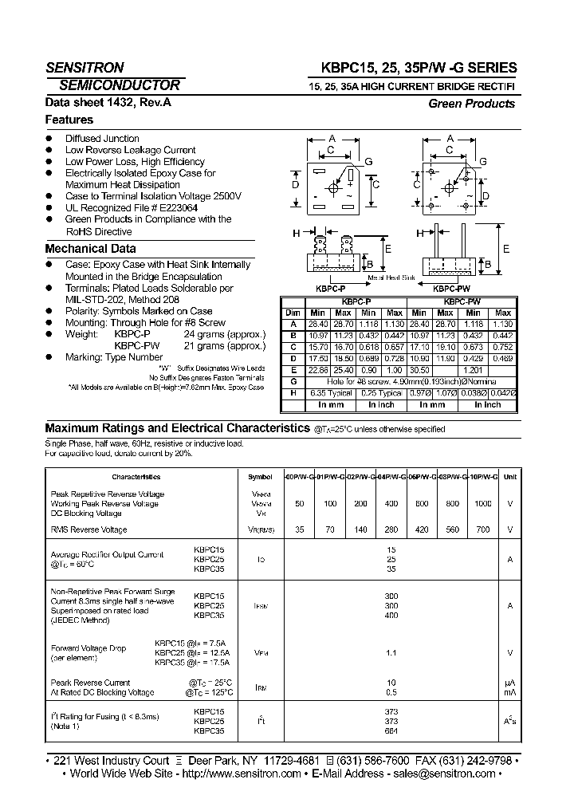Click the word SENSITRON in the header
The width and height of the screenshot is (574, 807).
[85, 68]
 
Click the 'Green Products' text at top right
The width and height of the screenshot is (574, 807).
[471, 104]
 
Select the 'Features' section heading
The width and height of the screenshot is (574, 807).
[69, 120]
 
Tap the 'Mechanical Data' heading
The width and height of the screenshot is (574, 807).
[90, 248]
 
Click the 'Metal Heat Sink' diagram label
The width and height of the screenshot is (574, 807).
[391, 278]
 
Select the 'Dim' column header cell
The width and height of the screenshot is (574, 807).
[293, 313]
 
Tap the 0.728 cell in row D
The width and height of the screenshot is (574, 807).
[394, 360]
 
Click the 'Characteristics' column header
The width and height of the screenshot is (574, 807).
[136, 477]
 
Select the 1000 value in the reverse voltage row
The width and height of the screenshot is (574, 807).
[482, 505]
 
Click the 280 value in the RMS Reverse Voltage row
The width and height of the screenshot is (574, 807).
[391, 529]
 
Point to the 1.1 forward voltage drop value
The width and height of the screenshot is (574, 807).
[391, 652]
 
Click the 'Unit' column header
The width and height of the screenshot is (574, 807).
[510, 477]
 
